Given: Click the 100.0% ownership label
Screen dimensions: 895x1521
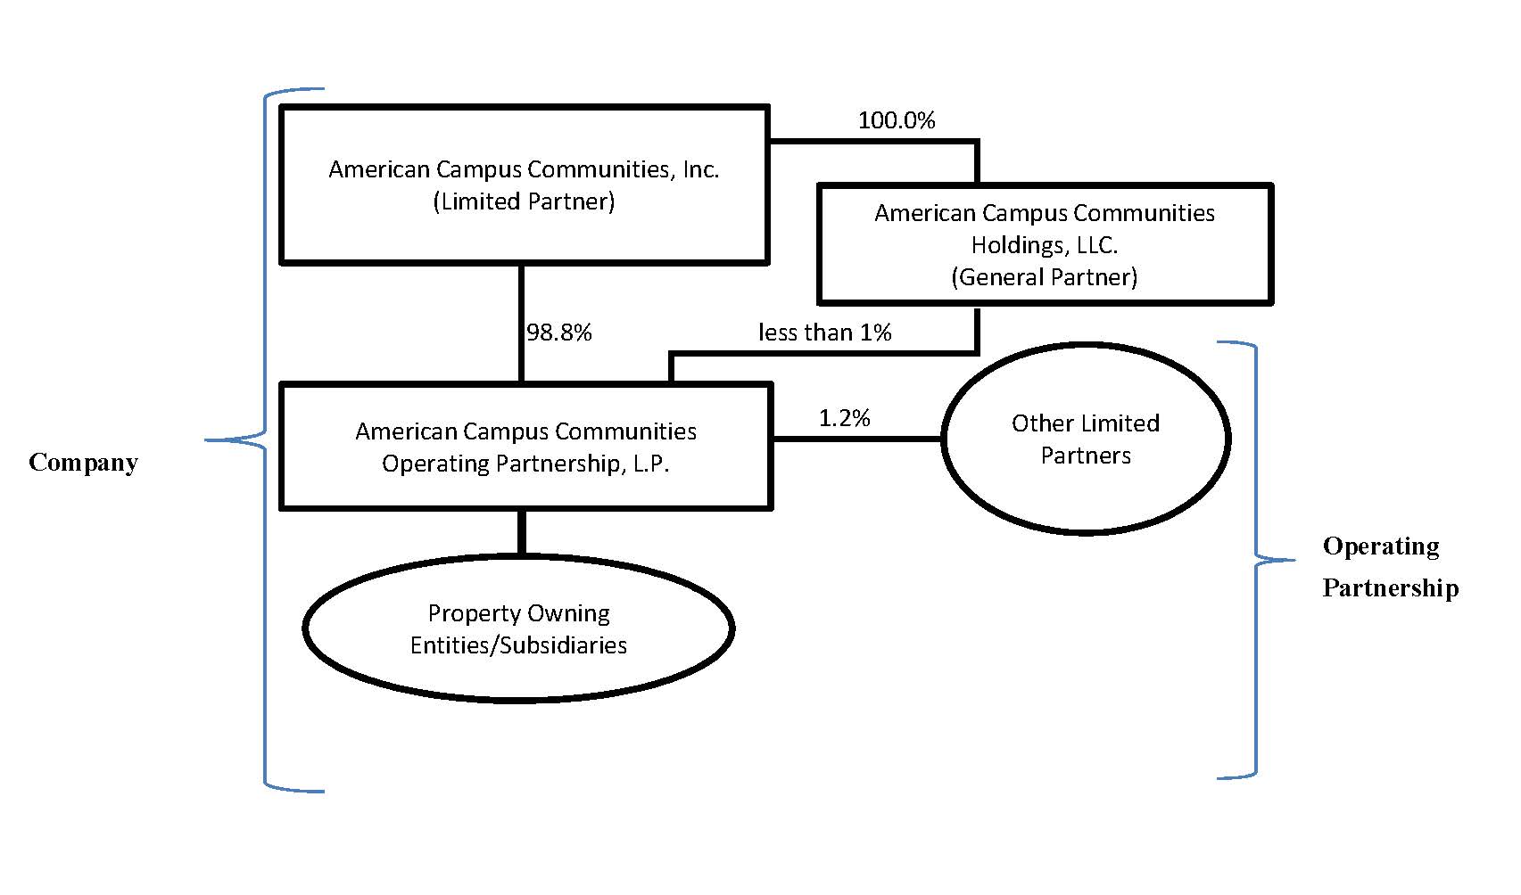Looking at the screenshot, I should pyautogui.click(x=896, y=120).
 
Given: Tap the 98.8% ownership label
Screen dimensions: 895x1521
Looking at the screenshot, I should pyautogui.click(x=559, y=333).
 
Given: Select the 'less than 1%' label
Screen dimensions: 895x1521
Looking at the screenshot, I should pyautogui.click(x=824, y=333).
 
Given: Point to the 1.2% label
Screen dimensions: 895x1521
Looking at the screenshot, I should pyautogui.click(x=844, y=418).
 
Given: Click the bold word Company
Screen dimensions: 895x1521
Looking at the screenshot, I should pyautogui.click(x=83, y=463).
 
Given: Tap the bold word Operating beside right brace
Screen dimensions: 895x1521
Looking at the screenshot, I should pyautogui.click(x=1380, y=546).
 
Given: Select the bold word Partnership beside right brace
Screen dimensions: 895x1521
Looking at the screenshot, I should pyautogui.click(x=1390, y=588).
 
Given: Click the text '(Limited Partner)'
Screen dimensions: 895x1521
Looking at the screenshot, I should pyautogui.click(x=524, y=201).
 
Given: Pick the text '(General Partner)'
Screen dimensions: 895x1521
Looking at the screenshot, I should pyautogui.click(x=1044, y=277).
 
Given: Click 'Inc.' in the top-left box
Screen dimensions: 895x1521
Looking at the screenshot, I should pyautogui.click(x=700, y=169).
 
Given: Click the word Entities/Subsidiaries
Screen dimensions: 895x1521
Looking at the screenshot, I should pyautogui.click(x=518, y=645).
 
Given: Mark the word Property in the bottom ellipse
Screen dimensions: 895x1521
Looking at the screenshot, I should pyautogui.click(x=467, y=613).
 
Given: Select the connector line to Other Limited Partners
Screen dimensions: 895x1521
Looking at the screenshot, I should pyautogui.click(x=856, y=439).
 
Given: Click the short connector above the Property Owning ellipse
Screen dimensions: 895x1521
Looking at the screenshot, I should pyautogui.click(x=522, y=532).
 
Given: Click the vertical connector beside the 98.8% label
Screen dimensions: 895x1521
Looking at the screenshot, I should pyautogui.click(x=521, y=324).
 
